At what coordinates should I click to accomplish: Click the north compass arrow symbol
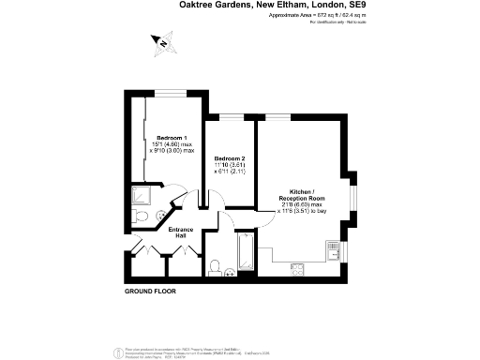[x=162, y=42]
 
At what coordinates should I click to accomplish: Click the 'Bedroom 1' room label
[x=172, y=137]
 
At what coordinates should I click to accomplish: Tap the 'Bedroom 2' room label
[x=230, y=158]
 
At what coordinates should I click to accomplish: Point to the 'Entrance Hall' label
[x=181, y=232]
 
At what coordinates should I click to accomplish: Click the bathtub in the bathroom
[x=246, y=252]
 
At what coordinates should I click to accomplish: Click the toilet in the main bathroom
[x=214, y=265]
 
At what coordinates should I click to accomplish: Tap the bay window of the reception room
[x=353, y=198]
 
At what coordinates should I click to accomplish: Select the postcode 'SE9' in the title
[x=357, y=5]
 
